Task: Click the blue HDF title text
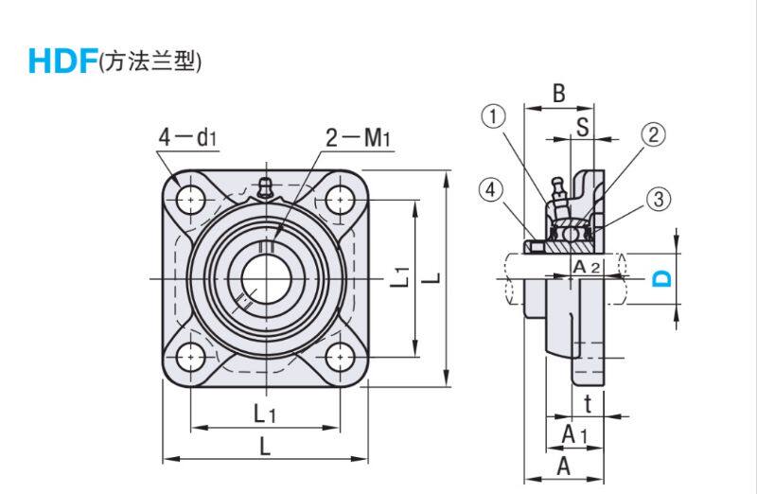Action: point(63,62)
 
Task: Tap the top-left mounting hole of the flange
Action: point(191,200)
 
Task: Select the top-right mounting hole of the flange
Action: point(340,200)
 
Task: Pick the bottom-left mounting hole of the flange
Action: point(191,358)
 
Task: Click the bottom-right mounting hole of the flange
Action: point(340,358)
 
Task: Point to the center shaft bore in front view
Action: point(266,279)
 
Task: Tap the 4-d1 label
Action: point(187,137)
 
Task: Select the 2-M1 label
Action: point(358,138)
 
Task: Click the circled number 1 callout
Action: point(493,116)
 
